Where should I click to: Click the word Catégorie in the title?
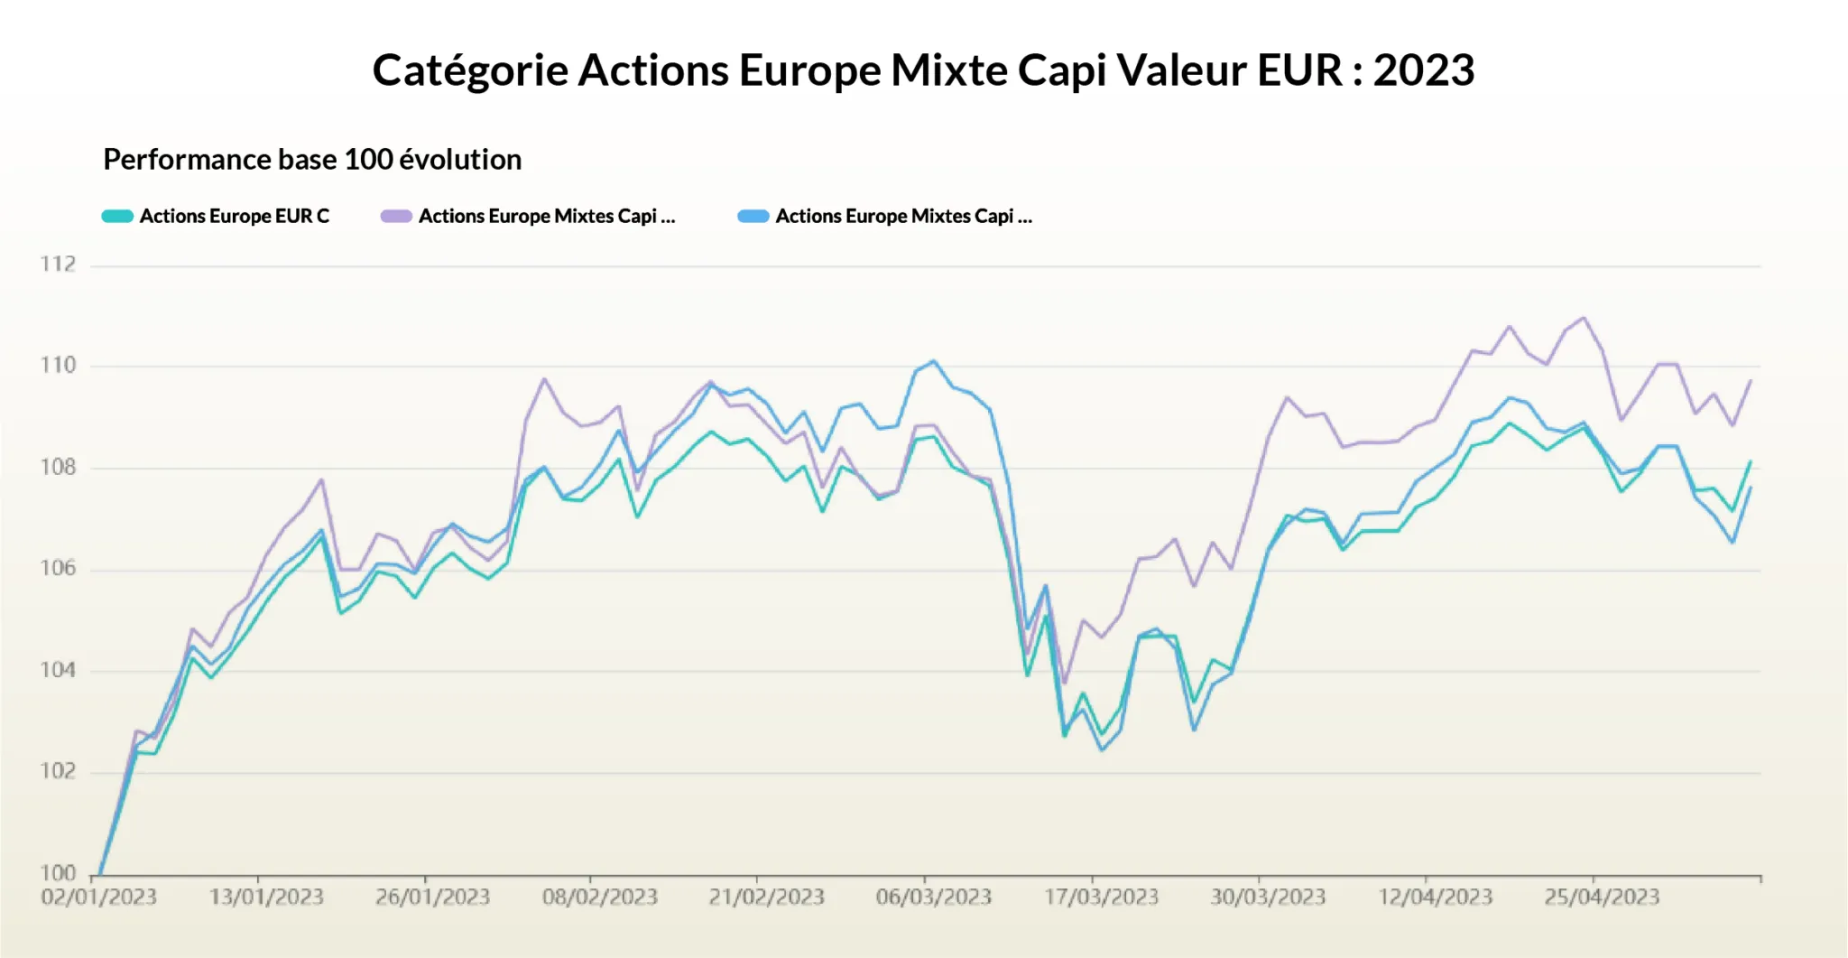pyautogui.click(x=469, y=70)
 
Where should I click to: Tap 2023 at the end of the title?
pyautogui.click(x=1423, y=70)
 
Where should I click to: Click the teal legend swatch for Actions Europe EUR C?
pyautogui.click(x=117, y=217)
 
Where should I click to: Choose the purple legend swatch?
pyautogui.click(x=396, y=217)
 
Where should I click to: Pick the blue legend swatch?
pyautogui.click(x=753, y=217)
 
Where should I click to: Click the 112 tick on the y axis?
pyautogui.click(x=58, y=265)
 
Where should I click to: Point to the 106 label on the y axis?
pyautogui.click(x=58, y=569)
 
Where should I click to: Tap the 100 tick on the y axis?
pyautogui.click(x=58, y=873)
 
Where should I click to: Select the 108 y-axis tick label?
pyautogui.click(x=58, y=468)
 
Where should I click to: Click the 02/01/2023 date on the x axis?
pyautogui.click(x=99, y=898)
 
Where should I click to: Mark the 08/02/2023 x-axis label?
pyautogui.click(x=600, y=898)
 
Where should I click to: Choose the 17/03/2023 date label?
pyautogui.click(x=1101, y=898)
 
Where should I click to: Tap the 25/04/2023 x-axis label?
pyautogui.click(x=1602, y=898)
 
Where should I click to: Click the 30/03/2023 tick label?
pyautogui.click(x=1268, y=898)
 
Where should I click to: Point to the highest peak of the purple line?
pyautogui.click(x=1585, y=318)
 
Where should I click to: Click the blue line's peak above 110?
pyautogui.click(x=934, y=361)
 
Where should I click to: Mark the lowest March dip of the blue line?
pyautogui.click(x=1102, y=750)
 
